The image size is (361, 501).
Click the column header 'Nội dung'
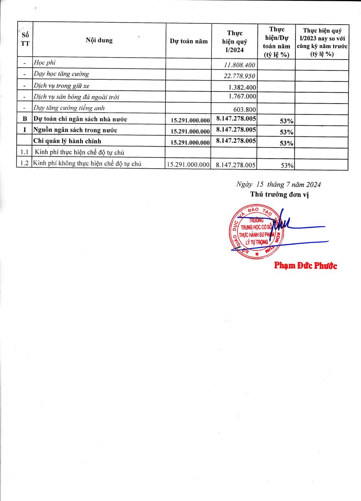coord(99,40)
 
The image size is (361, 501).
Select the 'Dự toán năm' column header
coord(188,41)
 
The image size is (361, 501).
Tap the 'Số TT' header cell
coord(25,40)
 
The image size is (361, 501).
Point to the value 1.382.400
coord(242,87)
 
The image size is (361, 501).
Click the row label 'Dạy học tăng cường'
coord(61,74)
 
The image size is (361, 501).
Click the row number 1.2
coord(24,164)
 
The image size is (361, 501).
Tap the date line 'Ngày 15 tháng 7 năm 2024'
coord(278,184)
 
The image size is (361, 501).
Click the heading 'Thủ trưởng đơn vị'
coord(279,195)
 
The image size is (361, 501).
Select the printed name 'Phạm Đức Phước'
coord(305,266)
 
